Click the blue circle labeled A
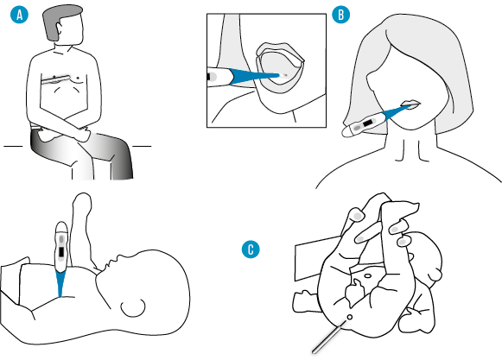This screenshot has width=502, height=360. pyautogui.click(x=20, y=15)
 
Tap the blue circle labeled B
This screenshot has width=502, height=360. pyautogui.click(x=341, y=15)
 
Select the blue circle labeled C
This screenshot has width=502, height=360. pyautogui.click(x=251, y=249)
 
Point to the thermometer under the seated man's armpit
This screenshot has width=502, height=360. pyautogui.click(x=56, y=79)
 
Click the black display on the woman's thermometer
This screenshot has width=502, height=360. pyautogui.click(x=368, y=123)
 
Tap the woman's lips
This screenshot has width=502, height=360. pyautogui.click(x=410, y=104)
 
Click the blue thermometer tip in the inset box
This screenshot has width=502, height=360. pyautogui.click(x=253, y=76)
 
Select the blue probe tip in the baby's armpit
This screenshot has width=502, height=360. pyautogui.click(x=60, y=283)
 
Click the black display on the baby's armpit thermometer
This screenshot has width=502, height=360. pyautogui.click(x=61, y=252)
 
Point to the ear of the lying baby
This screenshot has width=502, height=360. pyautogui.click(x=132, y=308)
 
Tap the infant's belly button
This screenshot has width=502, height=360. pyautogui.click(x=368, y=276)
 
